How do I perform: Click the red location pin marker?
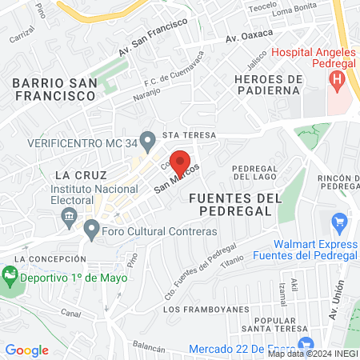point(180,160)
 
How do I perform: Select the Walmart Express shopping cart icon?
point(339,222)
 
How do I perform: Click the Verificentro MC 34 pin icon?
point(146,142)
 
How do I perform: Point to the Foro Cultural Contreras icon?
point(92,231)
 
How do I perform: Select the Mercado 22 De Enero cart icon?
point(178,349)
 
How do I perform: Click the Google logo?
point(26,350)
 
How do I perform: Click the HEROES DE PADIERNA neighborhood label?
point(270,85)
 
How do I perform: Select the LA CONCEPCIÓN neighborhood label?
point(50,259)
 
